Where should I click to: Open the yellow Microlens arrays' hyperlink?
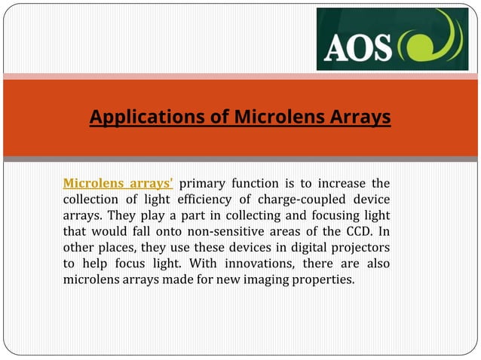[119, 182]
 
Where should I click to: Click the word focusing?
[336, 215]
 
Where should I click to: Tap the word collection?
[93, 199]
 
